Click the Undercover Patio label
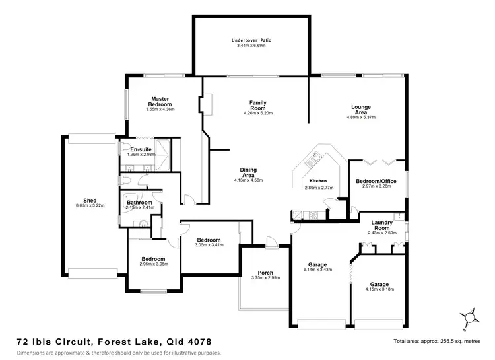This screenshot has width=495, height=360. click(x=251, y=40)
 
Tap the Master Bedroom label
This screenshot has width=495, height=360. click(x=160, y=102)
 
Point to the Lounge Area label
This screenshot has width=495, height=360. click(x=360, y=110)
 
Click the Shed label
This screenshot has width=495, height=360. click(x=90, y=201)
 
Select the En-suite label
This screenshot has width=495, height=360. click(x=140, y=149)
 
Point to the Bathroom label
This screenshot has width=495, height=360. click(x=139, y=203)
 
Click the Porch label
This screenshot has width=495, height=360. click(x=265, y=273)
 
